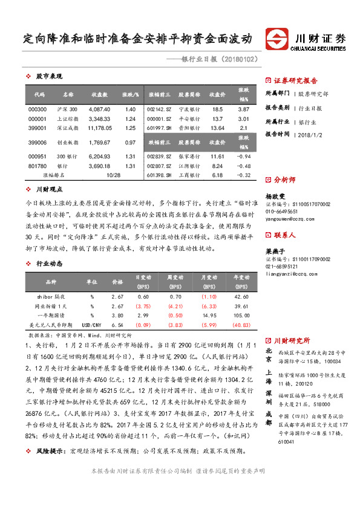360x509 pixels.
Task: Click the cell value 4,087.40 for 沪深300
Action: coord(99,109)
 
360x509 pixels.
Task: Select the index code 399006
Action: coord(38,143)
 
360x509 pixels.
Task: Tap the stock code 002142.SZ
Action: coord(160,109)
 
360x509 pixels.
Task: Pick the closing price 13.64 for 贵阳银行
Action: coord(217,128)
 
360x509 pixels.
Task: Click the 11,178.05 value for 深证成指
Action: coord(99,128)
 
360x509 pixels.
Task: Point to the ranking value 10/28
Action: coord(113,175)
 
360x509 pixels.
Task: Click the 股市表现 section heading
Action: coord(49,77)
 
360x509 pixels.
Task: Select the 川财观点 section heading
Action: coord(49,189)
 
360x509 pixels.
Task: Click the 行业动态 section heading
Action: coord(49,264)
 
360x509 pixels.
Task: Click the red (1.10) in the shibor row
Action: coord(209,296)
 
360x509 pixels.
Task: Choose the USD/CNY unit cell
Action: coord(92,325)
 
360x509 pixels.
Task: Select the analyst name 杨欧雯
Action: coord(276,196)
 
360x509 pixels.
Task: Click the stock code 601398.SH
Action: coord(160,175)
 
